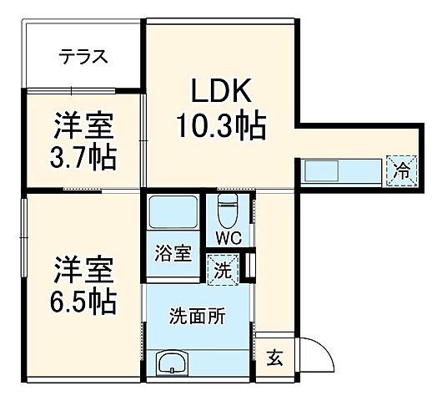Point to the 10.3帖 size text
220,126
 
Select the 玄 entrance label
274,360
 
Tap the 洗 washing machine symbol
223,269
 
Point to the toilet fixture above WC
228,209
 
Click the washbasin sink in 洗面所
173,363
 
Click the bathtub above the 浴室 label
173,216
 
